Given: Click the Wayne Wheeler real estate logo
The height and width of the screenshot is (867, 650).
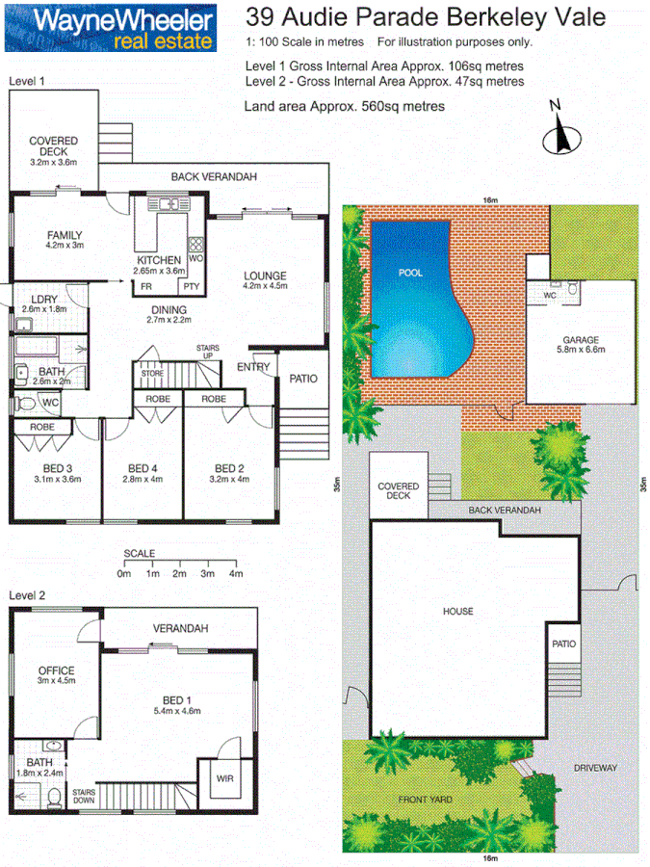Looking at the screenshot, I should tap(109, 28).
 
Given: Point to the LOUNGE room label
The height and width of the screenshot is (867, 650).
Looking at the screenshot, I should tap(265, 276).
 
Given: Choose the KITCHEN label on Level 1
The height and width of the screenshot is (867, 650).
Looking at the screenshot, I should tap(158, 261).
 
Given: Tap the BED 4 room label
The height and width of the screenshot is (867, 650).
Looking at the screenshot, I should tap(143, 469).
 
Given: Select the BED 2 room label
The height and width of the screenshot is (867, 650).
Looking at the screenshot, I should tap(228, 469).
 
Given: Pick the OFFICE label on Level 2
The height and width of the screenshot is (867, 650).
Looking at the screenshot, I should tap(56, 671).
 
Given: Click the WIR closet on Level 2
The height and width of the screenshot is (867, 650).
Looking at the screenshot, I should tap(223, 776).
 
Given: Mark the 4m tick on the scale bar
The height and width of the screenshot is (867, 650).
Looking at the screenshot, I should tap(235, 573).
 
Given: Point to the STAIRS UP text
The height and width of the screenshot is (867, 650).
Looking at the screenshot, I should tap(207, 350).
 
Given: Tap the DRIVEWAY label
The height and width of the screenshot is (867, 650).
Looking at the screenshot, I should tap(594, 768).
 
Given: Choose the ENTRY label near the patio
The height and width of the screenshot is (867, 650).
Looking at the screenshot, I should tap(253, 366).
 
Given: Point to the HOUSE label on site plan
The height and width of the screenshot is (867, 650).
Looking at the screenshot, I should tap(458, 612).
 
